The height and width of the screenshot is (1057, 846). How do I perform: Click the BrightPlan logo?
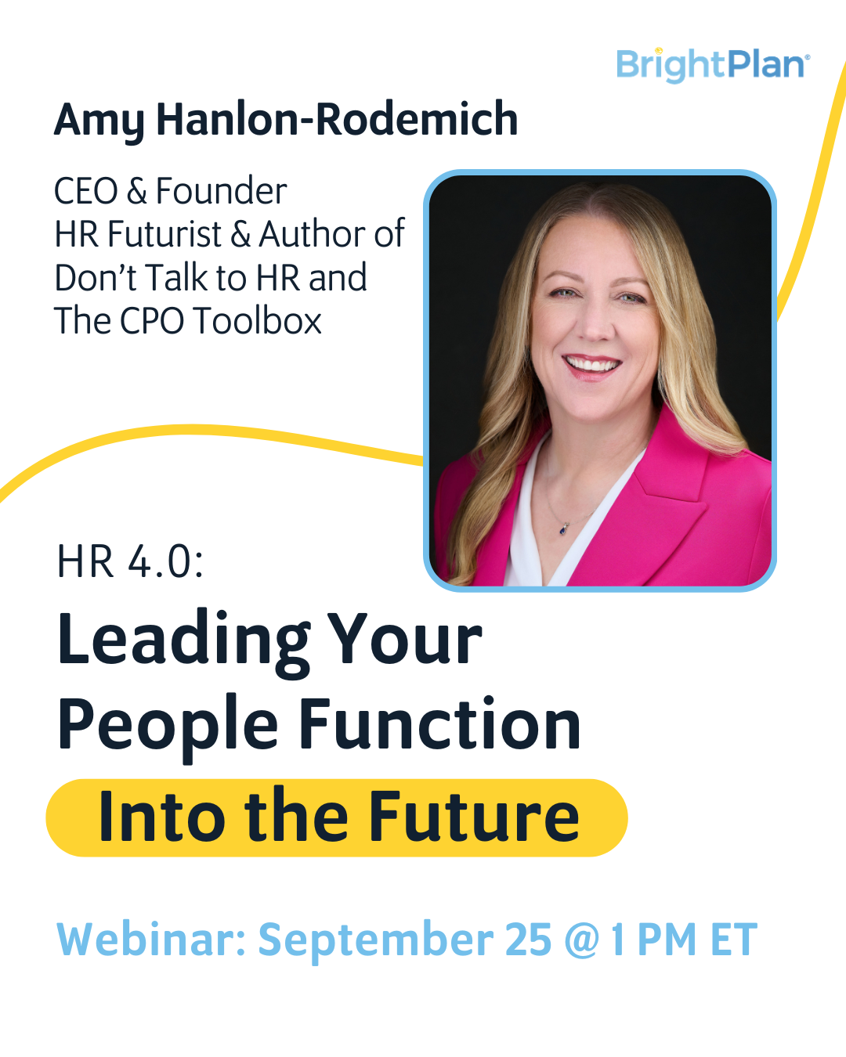(711, 65)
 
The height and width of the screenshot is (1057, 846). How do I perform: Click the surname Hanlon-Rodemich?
(337, 119)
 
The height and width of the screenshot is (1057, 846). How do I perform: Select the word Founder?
(221, 191)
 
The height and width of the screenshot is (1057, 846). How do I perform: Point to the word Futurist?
(164, 234)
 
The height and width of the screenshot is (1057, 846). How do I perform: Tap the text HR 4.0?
(130, 561)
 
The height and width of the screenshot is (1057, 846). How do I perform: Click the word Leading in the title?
(185, 640)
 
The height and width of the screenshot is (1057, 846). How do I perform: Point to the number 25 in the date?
(528, 940)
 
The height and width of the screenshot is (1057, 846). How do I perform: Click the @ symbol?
(581, 940)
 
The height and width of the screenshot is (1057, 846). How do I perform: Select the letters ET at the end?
(733, 940)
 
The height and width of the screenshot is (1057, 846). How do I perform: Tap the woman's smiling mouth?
(592, 365)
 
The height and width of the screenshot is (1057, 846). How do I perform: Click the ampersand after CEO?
(137, 191)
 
